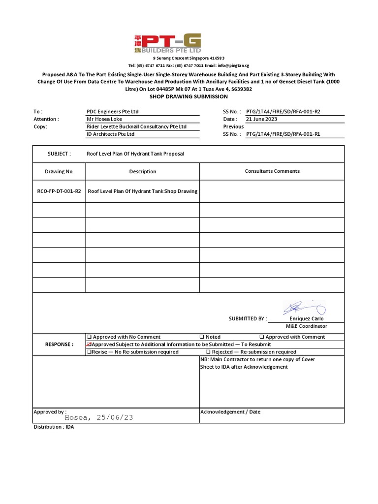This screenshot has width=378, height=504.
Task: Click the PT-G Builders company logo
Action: coord(167,44)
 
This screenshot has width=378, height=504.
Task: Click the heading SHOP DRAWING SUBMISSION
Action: coord(189,96)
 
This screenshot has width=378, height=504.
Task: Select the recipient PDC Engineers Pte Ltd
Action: coord(113,112)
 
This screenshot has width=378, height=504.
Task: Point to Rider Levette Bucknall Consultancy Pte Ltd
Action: coord(136,126)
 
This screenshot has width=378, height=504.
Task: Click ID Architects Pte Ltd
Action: coord(110,134)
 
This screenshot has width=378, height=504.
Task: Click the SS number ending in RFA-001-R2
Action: coord(283,112)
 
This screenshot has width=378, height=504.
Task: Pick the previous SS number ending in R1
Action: coord(283,134)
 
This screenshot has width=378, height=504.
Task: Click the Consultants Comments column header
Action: coord(272,171)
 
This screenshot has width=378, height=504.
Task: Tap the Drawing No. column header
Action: coord(59,172)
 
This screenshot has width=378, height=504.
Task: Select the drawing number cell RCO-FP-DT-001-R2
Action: coord(59,191)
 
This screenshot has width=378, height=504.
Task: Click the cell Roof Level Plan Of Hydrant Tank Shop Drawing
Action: coord(142,191)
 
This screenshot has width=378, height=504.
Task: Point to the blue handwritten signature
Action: coord(303,309)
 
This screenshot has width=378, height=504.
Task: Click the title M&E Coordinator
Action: coord(307,326)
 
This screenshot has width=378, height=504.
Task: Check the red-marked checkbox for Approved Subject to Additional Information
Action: coord(89,345)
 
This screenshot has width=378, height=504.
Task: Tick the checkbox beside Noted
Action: coord(202,337)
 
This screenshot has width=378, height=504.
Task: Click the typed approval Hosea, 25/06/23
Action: coord(99,417)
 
